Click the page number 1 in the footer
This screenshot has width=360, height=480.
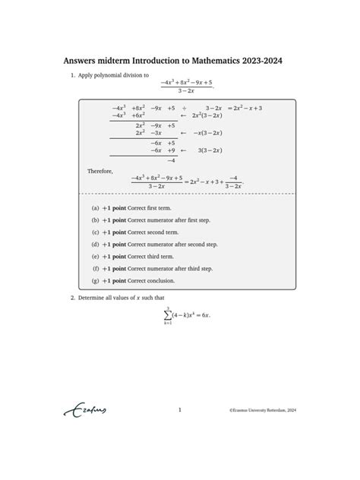[179, 410]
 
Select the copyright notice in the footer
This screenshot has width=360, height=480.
[263, 410]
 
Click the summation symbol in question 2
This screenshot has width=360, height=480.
[167, 314]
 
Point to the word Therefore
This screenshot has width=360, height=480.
[100, 172]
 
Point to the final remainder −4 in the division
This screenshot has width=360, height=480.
[171, 160]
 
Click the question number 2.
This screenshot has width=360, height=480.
[72, 298]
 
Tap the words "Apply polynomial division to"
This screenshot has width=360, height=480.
[112, 76]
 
